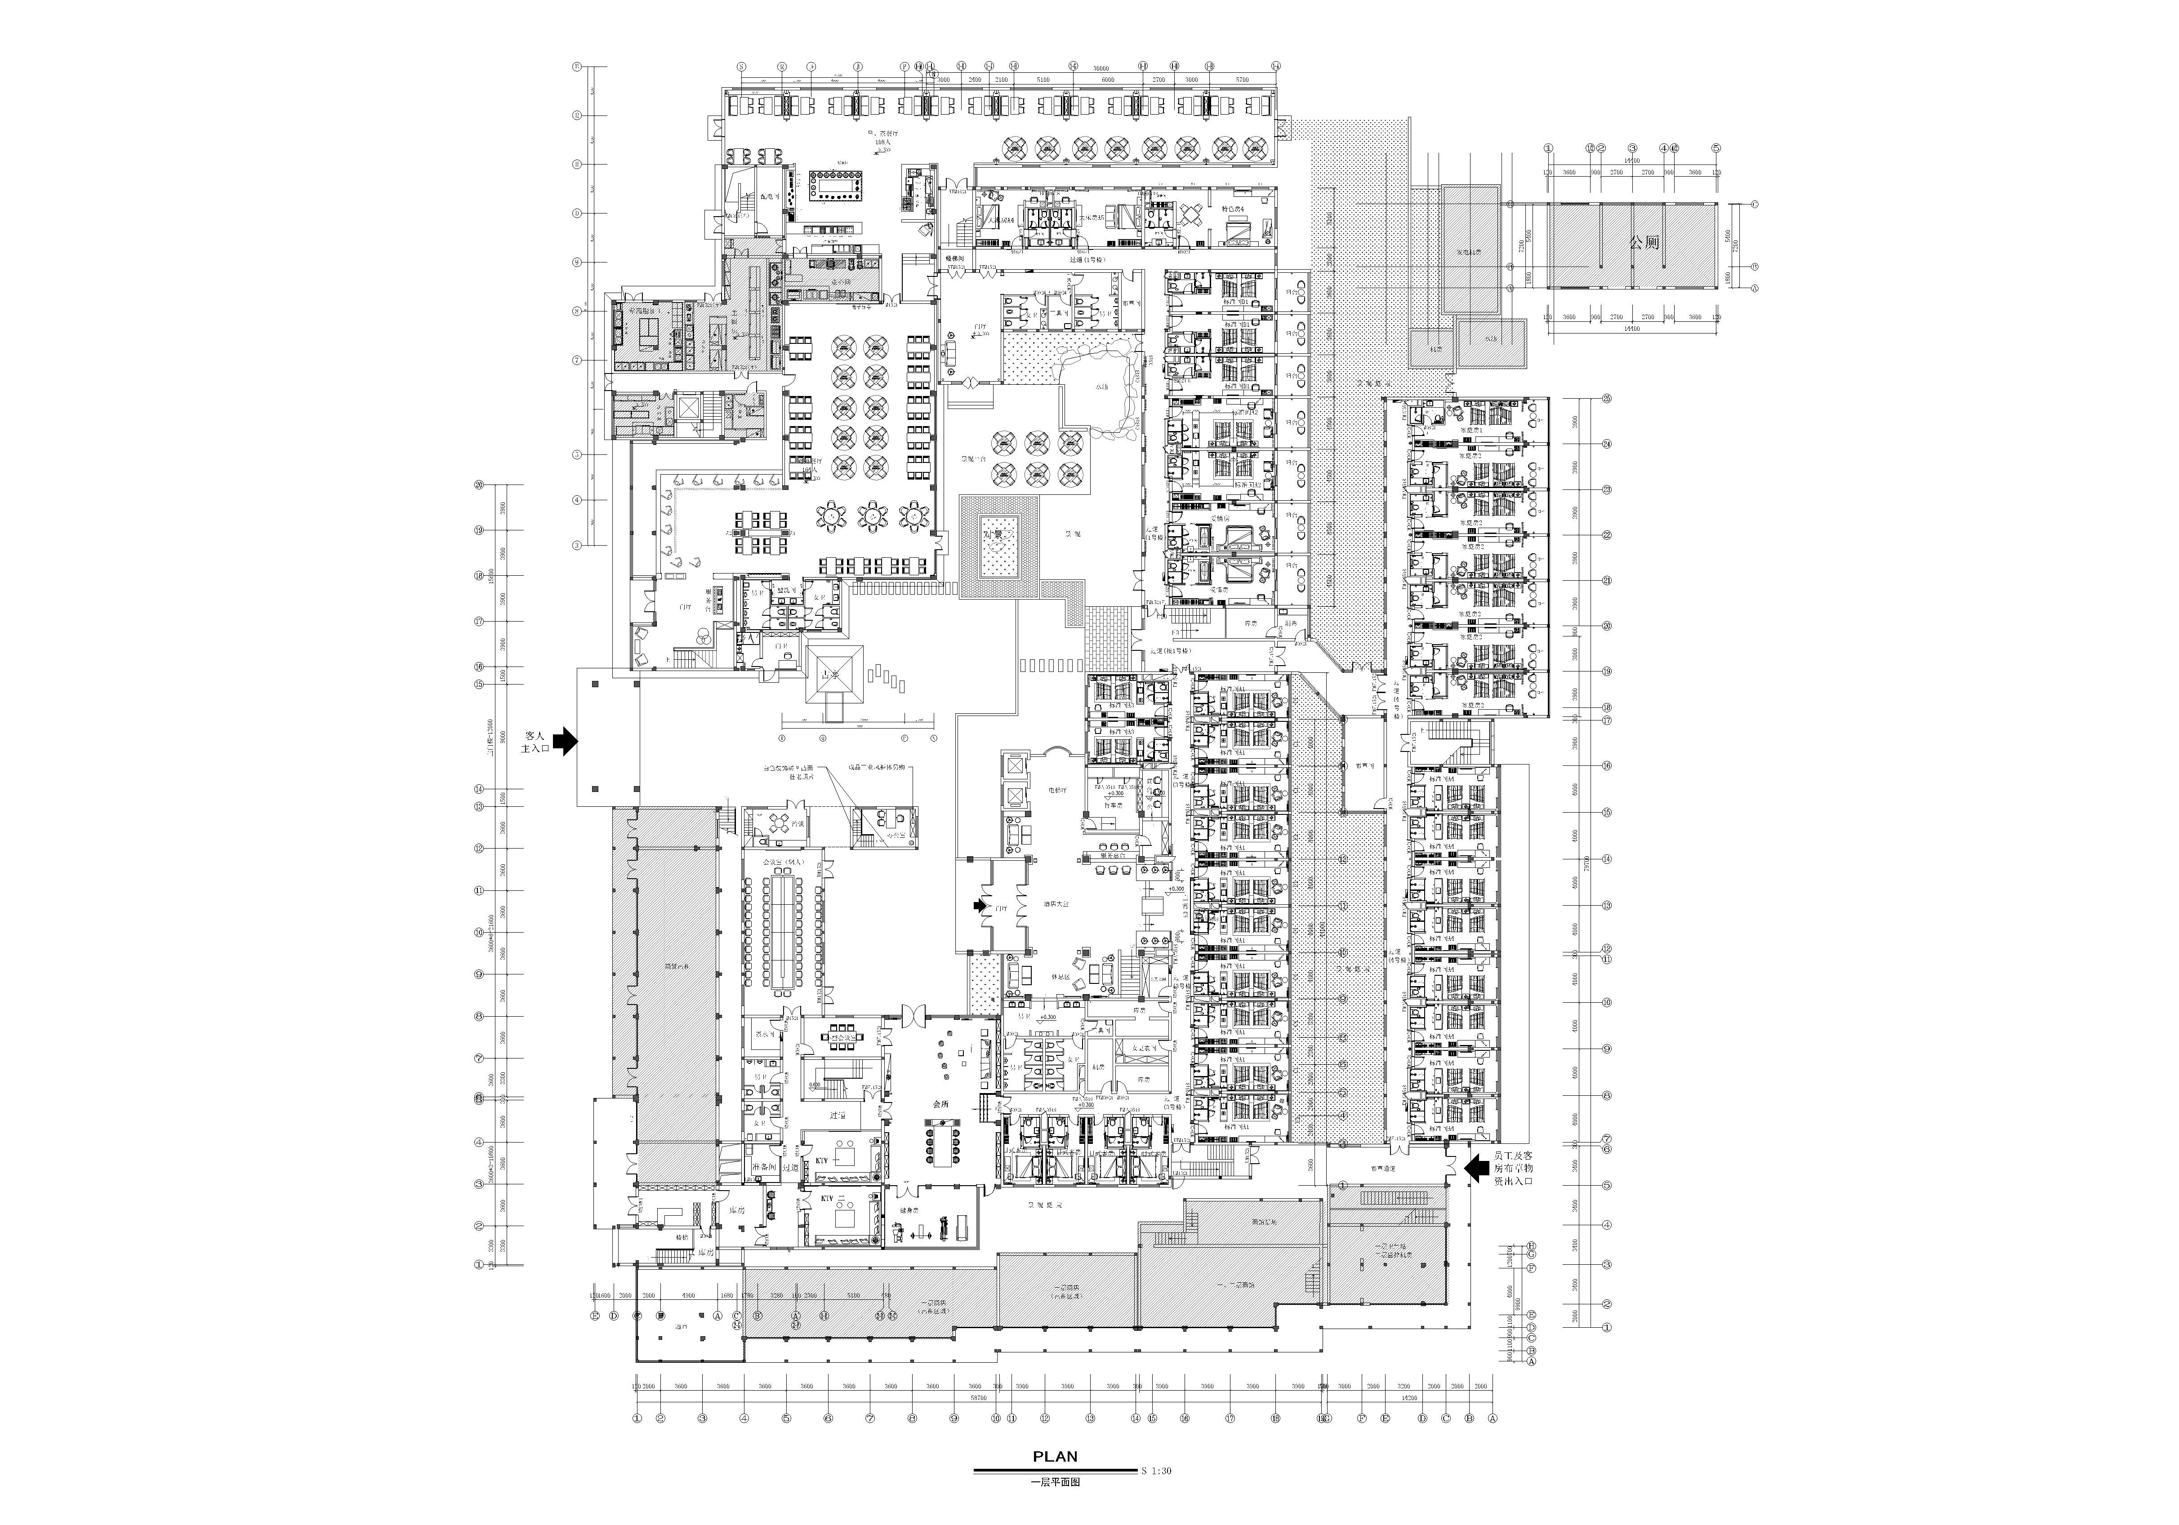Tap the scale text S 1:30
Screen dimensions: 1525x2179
coord(1156,1471)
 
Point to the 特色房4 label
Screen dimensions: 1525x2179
coord(1233,209)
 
